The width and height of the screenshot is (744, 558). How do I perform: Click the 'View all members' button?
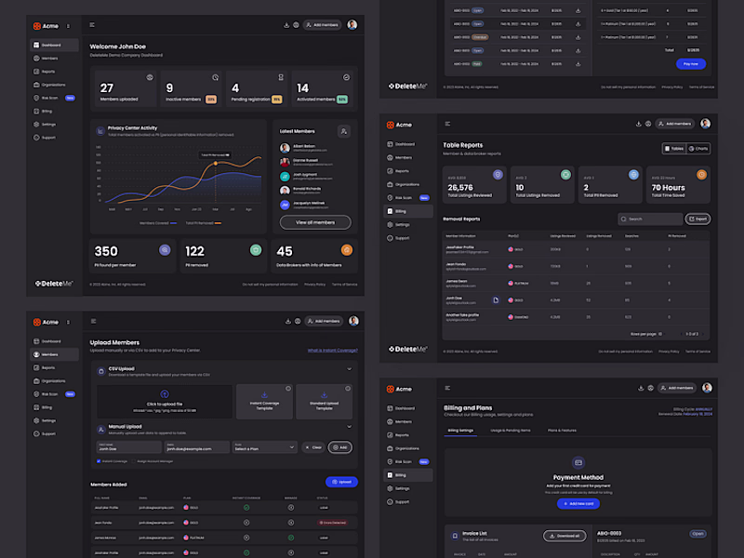(315, 222)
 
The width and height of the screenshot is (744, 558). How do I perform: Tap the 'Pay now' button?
(690, 63)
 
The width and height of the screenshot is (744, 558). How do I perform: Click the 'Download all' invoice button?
(565, 535)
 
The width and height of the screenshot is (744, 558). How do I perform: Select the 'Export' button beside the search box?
(697, 219)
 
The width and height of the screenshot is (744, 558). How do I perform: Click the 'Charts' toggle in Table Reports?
(698, 149)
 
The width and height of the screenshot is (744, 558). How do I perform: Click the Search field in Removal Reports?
(649, 219)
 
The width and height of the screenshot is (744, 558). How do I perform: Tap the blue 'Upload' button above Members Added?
(341, 482)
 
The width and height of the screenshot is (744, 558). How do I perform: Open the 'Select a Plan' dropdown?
(264, 447)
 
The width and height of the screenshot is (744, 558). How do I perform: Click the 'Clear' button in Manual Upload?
(313, 447)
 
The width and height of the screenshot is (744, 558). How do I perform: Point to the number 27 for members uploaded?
(107, 88)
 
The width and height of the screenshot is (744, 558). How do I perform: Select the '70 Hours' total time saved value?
(668, 188)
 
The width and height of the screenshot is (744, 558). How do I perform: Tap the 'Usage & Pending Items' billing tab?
(511, 431)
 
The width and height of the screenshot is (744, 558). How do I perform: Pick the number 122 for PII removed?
(194, 251)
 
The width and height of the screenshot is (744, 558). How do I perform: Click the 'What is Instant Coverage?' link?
(333, 351)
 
